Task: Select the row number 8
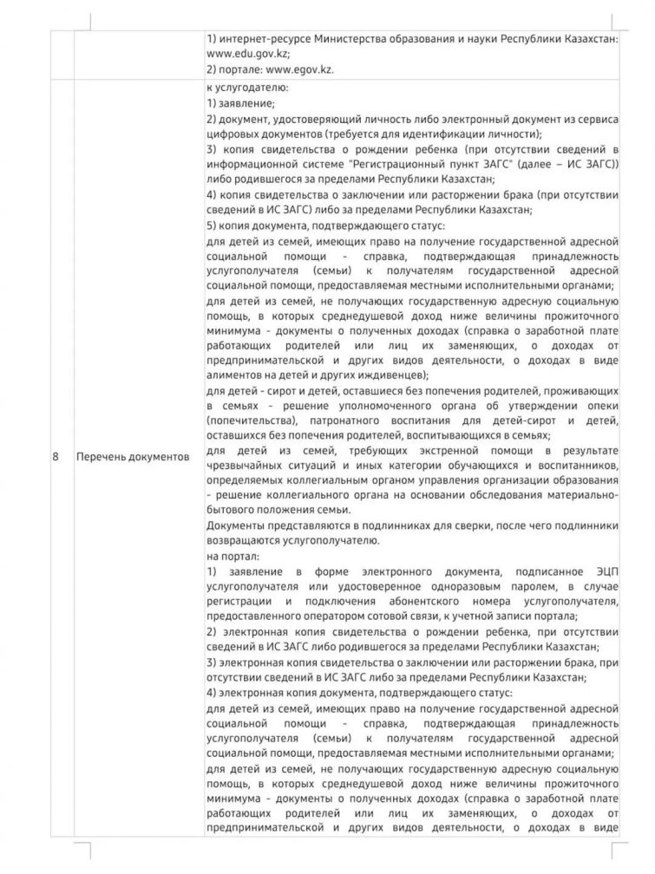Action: pyautogui.click(x=56, y=456)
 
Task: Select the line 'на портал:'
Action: pyautogui.click(x=232, y=555)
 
